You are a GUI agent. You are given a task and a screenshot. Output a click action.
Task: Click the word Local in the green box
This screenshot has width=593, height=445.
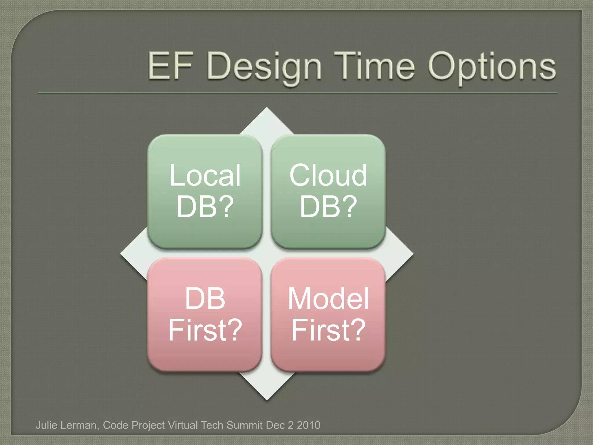coord(205,175)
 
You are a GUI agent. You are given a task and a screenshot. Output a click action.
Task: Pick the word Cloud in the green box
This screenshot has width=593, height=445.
coord(328,175)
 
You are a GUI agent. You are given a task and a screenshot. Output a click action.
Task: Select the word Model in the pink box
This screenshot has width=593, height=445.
coord(328,299)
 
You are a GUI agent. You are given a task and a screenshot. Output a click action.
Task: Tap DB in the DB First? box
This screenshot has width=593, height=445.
coord(205,299)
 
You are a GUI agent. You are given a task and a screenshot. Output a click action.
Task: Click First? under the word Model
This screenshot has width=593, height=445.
coord(328,330)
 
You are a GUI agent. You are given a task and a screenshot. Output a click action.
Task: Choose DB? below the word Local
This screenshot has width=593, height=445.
coord(205,207)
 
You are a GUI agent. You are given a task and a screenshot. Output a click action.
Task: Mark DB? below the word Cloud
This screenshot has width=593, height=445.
coord(328,207)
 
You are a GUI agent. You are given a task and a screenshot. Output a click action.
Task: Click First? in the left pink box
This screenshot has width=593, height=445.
coord(205,330)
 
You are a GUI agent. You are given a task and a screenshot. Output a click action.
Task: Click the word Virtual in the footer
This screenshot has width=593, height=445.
coord(183,425)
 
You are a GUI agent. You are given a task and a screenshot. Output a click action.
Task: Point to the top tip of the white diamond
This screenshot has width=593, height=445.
coord(267,109)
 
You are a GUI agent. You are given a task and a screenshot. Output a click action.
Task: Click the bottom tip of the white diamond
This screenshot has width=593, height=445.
coord(267,399)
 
